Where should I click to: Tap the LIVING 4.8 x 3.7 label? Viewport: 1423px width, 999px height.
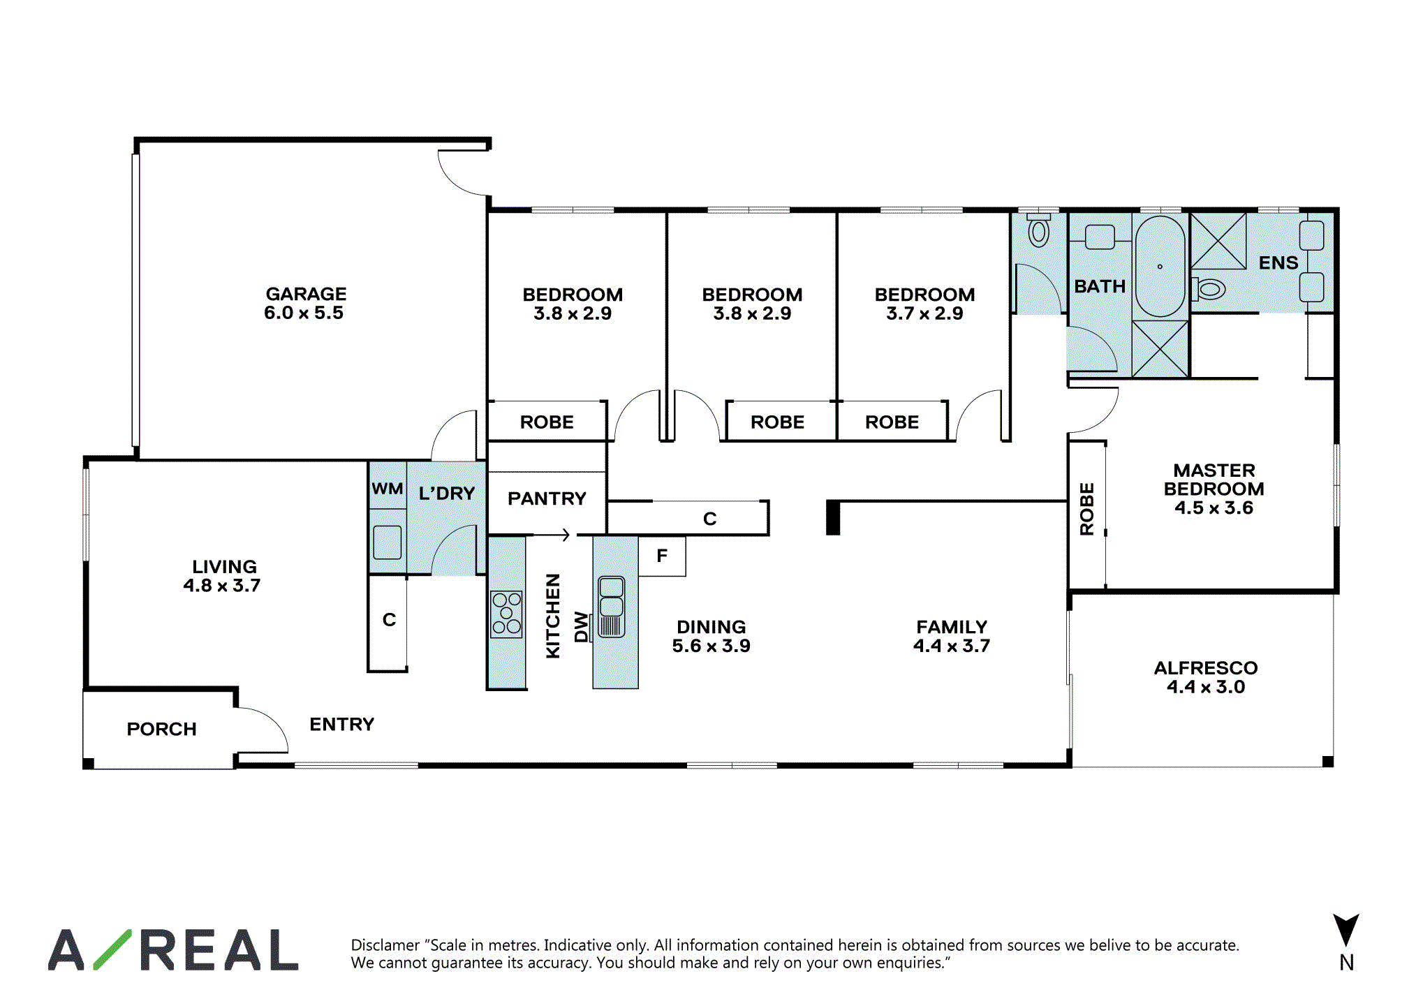pyautogui.click(x=223, y=576)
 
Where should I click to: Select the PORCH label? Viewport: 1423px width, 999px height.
pyautogui.click(x=162, y=729)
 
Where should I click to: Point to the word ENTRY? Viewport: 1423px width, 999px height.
pyautogui.click(x=342, y=724)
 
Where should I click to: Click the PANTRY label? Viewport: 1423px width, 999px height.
pyautogui.click(x=547, y=498)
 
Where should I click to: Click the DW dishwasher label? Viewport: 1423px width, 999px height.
pyautogui.click(x=581, y=627)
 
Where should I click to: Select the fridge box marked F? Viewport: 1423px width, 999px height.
pyautogui.click(x=662, y=556)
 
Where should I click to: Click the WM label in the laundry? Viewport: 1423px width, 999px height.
pyautogui.click(x=387, y=489)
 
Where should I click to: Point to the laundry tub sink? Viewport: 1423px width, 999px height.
pyautogui.click(x=388, y=542)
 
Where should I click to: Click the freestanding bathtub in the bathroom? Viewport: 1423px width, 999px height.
pyautogui.click(x=1160, y=267)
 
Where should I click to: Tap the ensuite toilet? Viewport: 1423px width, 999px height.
pyautogui.click(x=1209, y=288)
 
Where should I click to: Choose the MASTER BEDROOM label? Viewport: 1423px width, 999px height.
pyautogui.click(x=1214, y=489)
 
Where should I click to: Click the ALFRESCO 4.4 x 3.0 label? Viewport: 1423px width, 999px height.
pyautogui.click(x=1206, y=677)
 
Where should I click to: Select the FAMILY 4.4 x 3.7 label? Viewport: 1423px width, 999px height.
pyautogui.click(x=952, y=636)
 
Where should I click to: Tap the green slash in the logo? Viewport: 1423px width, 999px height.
pyautogui.click(x=112, y=949)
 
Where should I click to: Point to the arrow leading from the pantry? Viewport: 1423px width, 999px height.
pyautogui.click(x=552, y=535)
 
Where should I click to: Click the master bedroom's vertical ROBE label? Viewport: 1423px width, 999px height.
pyautogui.click(x=1086, y=509)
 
